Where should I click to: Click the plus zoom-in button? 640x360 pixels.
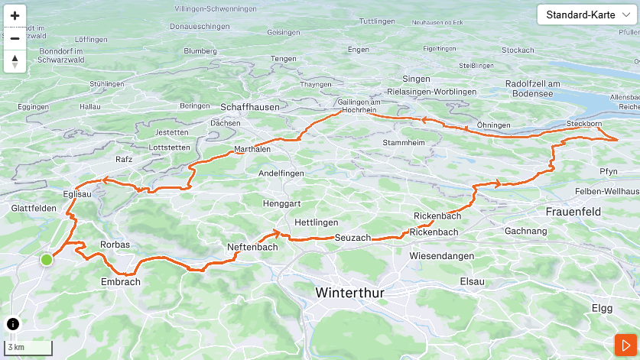15,15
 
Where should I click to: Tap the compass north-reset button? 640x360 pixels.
15,61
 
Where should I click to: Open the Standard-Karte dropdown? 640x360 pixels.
586,15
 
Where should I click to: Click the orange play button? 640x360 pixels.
625,345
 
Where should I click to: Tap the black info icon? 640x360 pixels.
13,323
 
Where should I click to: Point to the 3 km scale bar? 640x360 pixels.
29,348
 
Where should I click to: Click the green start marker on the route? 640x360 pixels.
47,260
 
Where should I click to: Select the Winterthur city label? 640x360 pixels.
349,294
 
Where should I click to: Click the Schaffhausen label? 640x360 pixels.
250,107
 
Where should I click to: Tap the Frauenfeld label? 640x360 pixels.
573,211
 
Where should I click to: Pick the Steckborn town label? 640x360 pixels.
585,124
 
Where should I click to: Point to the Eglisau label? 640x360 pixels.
80,194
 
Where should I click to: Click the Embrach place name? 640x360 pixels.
121,281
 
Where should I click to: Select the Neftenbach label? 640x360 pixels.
252,247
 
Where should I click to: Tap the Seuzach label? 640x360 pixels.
352,238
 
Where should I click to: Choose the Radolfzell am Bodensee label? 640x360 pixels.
534,88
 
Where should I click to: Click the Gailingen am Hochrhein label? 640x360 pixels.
359,106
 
